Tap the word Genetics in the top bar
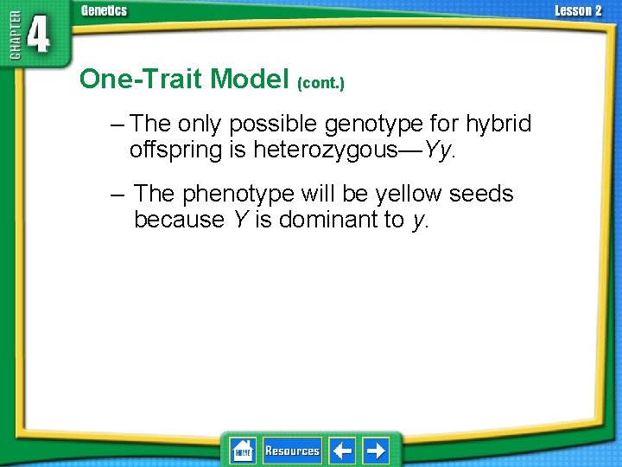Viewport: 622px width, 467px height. tap(104, 10)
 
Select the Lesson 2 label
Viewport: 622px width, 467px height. tap(578, 10)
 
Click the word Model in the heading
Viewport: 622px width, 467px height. tap(251, 79)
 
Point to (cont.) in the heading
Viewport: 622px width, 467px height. tap(321, 83)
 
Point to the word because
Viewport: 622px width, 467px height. tap(179, 220)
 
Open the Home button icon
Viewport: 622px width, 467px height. tap(243, 451)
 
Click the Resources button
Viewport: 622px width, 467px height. tap(292, 451)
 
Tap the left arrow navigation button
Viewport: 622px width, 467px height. tap(343, 451)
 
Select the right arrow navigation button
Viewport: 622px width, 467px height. tap(376, 451)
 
